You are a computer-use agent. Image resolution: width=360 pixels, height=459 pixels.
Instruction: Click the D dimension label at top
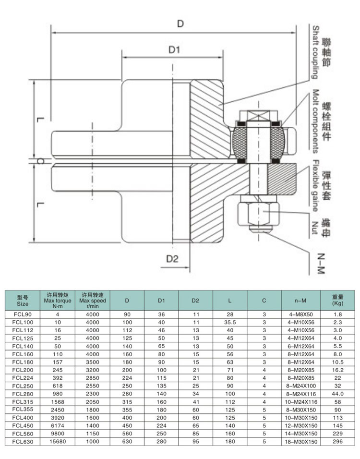tap(180, 23)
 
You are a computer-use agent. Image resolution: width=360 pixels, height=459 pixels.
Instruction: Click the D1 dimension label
tap(174, 49)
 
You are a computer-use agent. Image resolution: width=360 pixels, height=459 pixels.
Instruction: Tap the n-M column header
tap(300, 301)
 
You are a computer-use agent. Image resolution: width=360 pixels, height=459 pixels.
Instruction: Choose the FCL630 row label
tap(23, 442)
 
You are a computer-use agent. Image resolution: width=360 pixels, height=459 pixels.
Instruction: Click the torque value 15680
tap(58, 442)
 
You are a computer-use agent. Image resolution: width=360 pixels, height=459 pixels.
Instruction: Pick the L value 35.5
tap(230, 322)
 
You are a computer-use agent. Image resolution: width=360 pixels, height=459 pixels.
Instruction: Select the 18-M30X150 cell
tap(300, 442)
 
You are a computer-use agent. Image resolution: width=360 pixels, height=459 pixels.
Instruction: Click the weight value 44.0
tap(337, 394)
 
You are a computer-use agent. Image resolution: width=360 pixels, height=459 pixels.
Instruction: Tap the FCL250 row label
tap(23, 386)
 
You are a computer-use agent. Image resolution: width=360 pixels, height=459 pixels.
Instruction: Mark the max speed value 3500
tap(92, 362)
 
